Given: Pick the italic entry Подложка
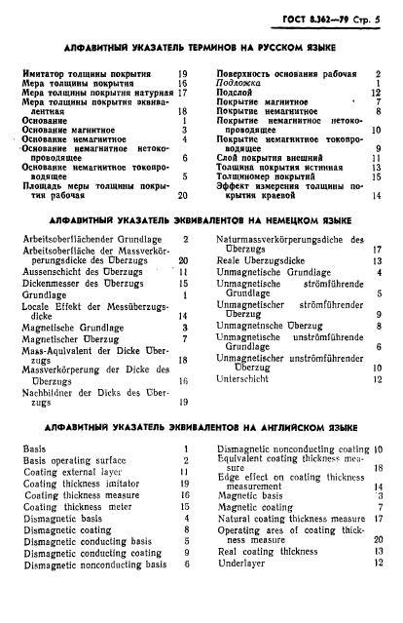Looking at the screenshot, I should point(238,84).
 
